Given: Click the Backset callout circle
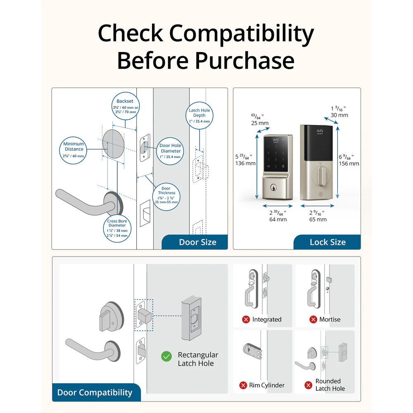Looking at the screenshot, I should coord(125,107).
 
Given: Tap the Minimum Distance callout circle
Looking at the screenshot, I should coord(74,150).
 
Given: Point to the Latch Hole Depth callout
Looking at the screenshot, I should coord(199,116).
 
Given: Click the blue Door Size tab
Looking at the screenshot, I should coord(195,242).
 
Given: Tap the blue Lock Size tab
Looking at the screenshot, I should coord(327,242).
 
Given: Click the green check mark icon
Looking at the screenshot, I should coord(166,356).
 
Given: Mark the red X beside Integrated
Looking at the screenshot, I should coord(246,319).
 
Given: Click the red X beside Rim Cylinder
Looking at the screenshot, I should coord(243,385).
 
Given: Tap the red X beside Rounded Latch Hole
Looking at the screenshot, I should coord(308,385).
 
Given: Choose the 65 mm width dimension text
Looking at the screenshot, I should coord(318,219).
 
